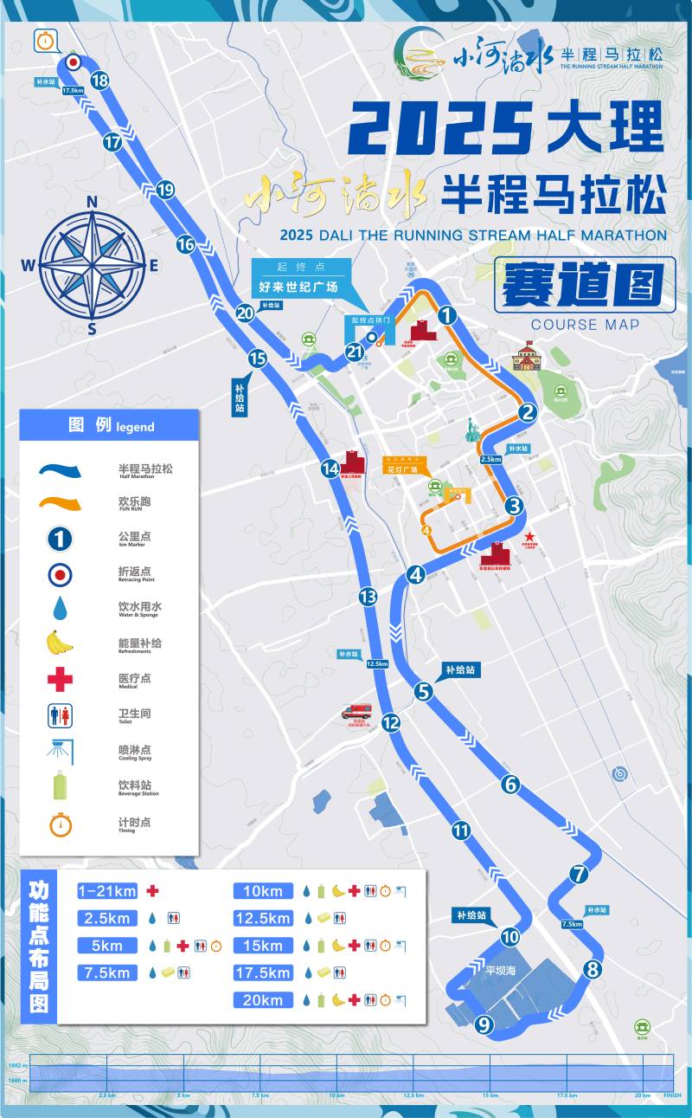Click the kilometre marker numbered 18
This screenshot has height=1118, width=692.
click(99, 81)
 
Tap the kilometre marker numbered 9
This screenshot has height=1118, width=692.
click(484, 1025)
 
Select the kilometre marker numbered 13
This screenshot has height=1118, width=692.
click(368, 597)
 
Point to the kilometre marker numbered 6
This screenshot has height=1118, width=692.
click(510, 785)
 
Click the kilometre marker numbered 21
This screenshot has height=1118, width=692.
click(355, 352)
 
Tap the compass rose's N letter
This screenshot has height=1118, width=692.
click(93, 203)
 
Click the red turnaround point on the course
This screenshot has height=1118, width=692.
click(74, 62)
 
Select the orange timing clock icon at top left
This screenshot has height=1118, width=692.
click(46, 40)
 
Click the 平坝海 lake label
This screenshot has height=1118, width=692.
click(499, 971)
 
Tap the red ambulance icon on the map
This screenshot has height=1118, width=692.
click(355, 712)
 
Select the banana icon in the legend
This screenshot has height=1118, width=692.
click(59, 643)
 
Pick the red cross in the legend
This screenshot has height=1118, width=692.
click(60, 679)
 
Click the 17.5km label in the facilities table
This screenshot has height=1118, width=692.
click(263, 973)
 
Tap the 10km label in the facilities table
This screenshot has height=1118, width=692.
click(263, 891)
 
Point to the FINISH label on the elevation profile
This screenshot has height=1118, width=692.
click(672, 1095)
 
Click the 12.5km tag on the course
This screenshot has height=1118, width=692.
click(377, 664)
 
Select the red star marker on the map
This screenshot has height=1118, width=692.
click(529, 537)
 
